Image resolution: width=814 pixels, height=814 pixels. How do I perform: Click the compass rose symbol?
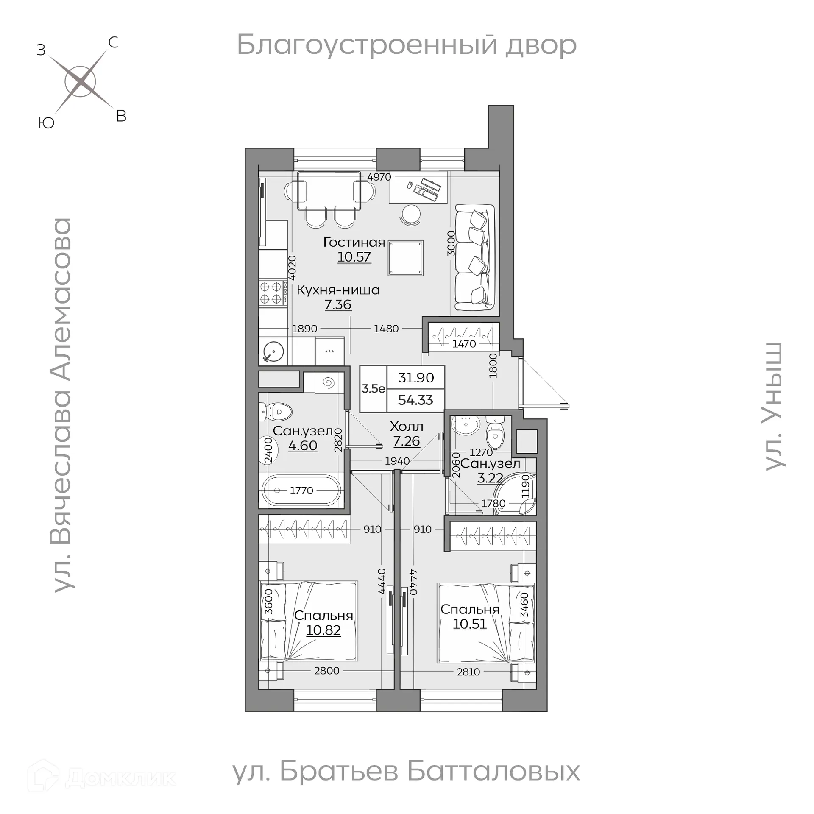[81, 82]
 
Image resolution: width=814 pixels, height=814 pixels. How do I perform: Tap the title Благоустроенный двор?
[406, 45]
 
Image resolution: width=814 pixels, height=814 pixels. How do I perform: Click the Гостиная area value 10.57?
[354, 257]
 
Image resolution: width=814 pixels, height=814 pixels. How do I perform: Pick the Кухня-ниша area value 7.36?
[338, 304]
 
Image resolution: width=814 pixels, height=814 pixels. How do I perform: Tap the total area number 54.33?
[415, 400]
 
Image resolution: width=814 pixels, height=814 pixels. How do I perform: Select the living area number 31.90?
[416, 377]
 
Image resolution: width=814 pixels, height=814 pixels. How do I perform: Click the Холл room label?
[406, 426]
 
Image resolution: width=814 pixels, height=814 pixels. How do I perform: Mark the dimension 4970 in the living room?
[379, 177]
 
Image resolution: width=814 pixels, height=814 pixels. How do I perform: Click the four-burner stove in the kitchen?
[271, 292]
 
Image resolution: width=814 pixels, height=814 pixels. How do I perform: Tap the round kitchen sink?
[273, 351]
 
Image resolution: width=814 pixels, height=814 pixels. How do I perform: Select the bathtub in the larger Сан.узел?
[301, 491]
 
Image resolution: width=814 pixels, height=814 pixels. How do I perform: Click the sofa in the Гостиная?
[474, 257]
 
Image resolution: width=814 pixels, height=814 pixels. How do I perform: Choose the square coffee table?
[405, 258]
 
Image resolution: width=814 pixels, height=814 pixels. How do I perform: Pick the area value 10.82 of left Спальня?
[323, 630]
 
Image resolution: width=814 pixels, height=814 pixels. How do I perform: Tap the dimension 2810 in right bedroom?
[468, 672]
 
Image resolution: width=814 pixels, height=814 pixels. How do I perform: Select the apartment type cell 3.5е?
[373, 388]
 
